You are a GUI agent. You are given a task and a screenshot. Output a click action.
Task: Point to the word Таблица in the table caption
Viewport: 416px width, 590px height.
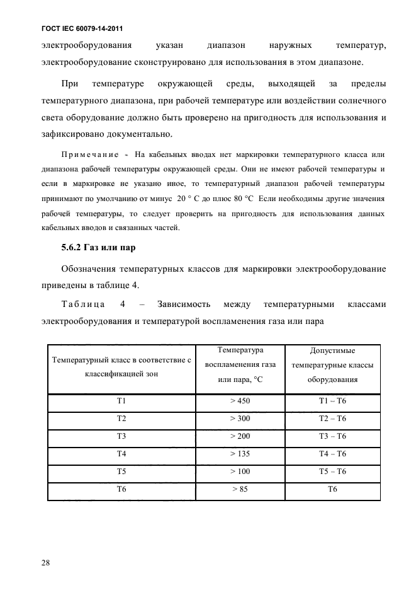pos(84,304)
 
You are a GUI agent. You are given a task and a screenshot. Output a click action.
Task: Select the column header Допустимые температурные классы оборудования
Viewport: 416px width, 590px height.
pos(333,365)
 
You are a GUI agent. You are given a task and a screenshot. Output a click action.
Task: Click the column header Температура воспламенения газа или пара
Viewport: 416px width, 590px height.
pos(240,365)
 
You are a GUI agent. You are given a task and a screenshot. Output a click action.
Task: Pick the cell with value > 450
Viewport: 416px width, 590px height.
pos(240,402)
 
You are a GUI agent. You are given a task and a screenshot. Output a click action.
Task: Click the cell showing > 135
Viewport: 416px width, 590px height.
pos(240,453)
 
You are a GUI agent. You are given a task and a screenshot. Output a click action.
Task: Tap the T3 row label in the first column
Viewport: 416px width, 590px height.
pos(121,436)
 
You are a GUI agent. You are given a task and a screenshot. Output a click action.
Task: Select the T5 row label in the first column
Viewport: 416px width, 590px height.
pos(121,471)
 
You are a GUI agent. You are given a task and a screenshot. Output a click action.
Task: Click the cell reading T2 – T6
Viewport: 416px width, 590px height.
pos(333,419)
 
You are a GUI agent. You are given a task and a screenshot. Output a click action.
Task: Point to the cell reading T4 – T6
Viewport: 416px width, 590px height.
pos(333,453)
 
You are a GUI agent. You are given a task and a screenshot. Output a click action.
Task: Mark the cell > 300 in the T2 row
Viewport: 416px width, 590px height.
pos(240,419)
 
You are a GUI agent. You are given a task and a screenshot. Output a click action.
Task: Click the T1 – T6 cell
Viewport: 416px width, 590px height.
pos(333,402)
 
